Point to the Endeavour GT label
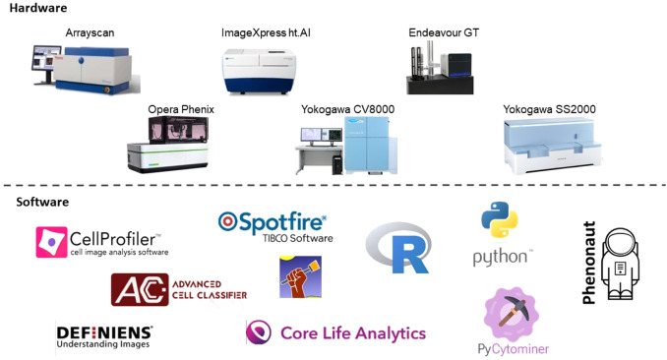pos(442,32)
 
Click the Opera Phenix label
pos(181,108)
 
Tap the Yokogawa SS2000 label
pos(549,108)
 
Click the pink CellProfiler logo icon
pos(50,242)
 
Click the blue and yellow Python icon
pos(500,221)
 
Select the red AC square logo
pos(132,290)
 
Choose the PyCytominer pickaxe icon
pos(512,314)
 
